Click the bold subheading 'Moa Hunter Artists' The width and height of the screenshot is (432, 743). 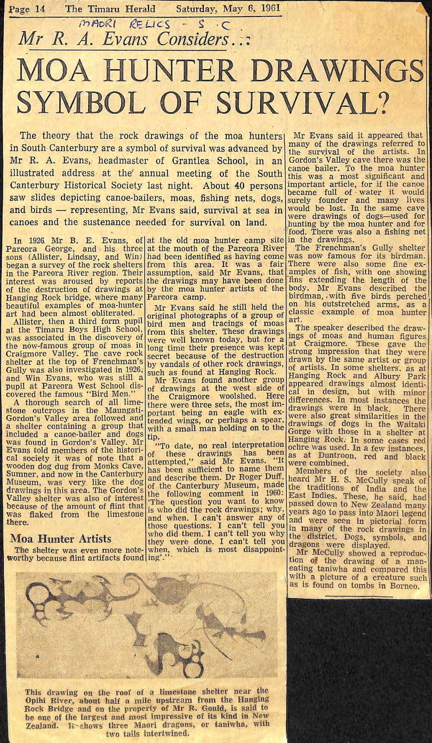pos(61,539)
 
